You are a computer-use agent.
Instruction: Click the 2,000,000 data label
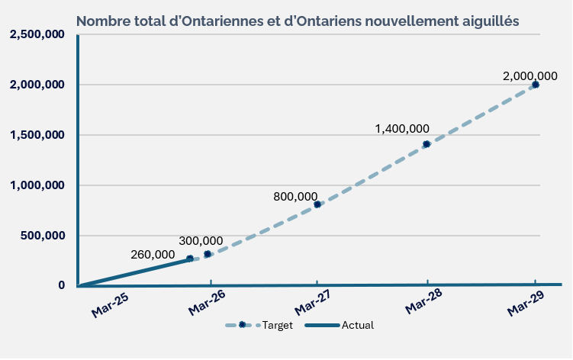click(530, 76)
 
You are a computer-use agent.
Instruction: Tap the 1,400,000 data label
click(402, 129)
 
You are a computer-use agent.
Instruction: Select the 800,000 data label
click(295, 197)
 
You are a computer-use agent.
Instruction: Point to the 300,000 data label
click(201, 241)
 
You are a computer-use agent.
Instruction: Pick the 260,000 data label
click(153, 254)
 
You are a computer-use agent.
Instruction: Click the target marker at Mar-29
click(536, 85)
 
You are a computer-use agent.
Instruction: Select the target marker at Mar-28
click(427, 144)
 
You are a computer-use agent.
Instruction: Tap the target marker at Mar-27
click(317, 204)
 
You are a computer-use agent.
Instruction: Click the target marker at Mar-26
click(208, 254)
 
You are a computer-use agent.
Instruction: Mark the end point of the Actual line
click(190, 259)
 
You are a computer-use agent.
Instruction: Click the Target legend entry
click(259, 325)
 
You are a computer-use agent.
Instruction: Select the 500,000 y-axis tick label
click(41, 236)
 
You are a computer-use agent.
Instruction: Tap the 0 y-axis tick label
click(61, 285)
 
